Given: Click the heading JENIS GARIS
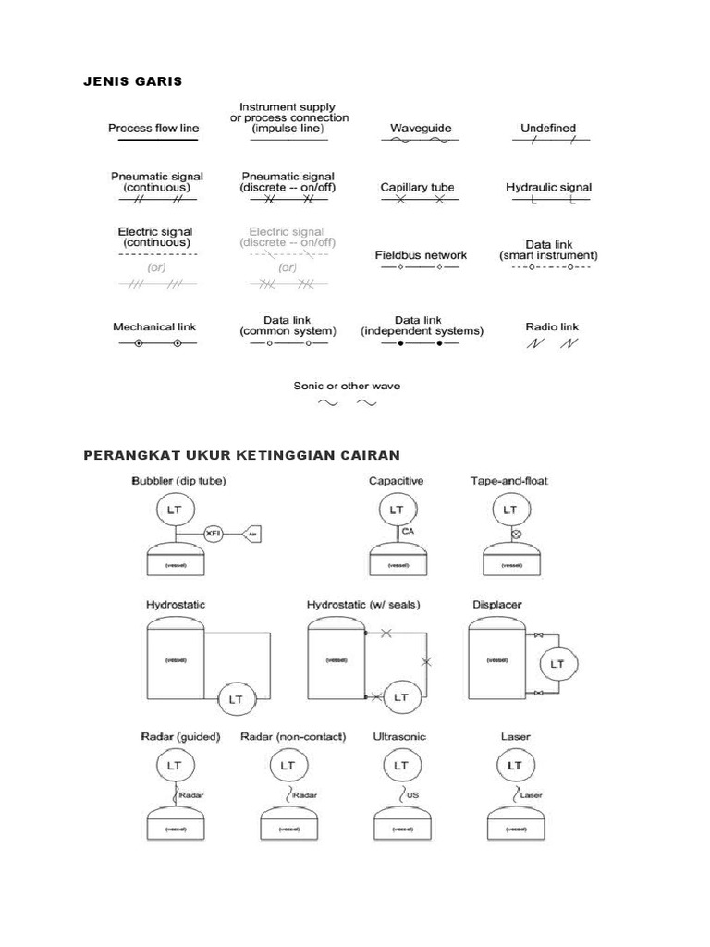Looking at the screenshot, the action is tap(133, 81).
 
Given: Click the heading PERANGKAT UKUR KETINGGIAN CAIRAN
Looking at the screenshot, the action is tap(241, 455).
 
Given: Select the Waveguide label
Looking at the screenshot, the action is tap(421, 129).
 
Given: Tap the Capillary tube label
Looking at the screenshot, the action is tap(418, 187).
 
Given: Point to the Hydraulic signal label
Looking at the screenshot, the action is tap(548, 187).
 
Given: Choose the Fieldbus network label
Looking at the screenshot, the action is tap(421, 254).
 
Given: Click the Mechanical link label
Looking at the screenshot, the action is tap(154, 326).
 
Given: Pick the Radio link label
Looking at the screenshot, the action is tap(552, 326).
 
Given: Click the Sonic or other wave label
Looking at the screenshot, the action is tap(347, 386).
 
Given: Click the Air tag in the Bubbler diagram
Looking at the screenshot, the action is tap(252, 534).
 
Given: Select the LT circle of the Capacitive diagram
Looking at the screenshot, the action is tap(397, 510).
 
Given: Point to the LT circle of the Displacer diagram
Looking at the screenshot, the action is tap(557, 664).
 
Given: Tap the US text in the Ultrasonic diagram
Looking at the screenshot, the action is tap(412, 793).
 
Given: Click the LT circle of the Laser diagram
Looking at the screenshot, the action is tap(515, 766).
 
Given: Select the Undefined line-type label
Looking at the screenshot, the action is tap(548, 129).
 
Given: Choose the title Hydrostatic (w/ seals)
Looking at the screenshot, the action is tap(363, 605).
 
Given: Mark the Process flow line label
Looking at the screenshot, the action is tap(153, 129).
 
